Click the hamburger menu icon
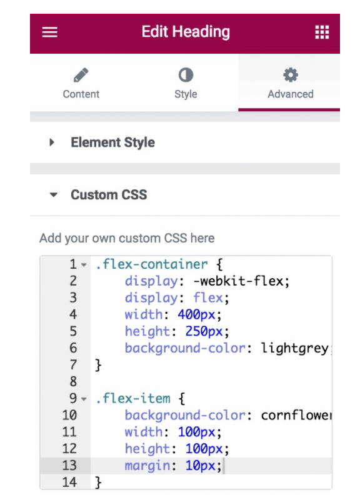[x=50, y=32]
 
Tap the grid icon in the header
[x=322, y=32]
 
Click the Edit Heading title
[x=186, y=32]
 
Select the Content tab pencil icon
[x=81, y=75]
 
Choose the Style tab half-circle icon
[x=186, y=75]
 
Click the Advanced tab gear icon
[x=291, y=75]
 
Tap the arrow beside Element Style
[x=52, y=142]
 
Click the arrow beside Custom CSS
[x=54, y=194]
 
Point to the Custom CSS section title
[x=109, y=194]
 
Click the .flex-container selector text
[x=151, y=264]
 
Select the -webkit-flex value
[x=241, y=281]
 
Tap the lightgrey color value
[x=294, y=348]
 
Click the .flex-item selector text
[x=133, y=398]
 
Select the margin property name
[x=147, y=466]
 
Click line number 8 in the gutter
[x=73, y=381]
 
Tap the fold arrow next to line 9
[x=84, y=399]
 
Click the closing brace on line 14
[x=98, y=482]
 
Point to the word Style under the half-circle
[x=186, y=94]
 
